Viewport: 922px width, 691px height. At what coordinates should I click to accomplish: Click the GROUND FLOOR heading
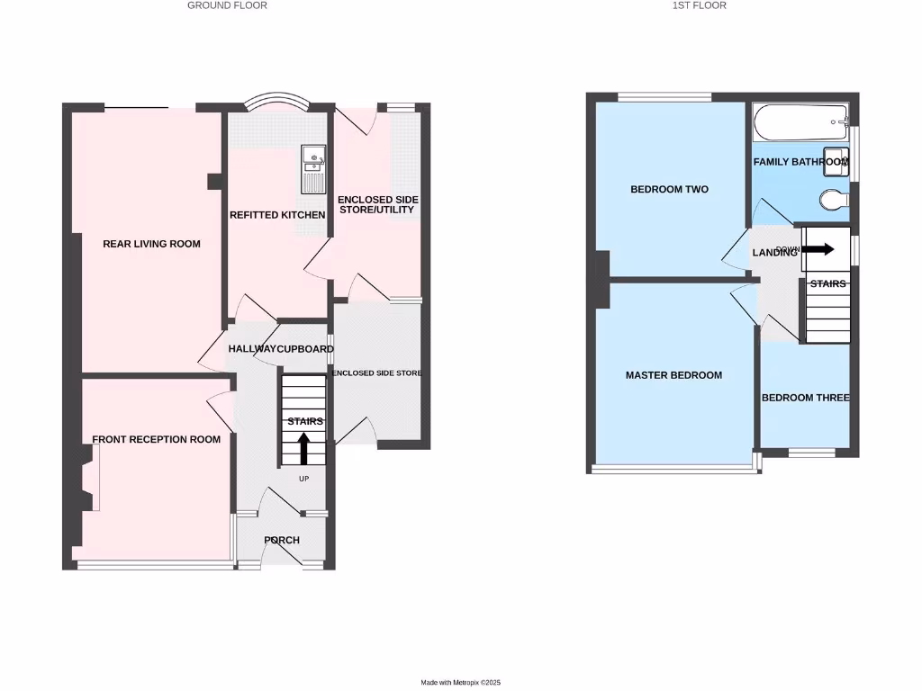click(227, 5)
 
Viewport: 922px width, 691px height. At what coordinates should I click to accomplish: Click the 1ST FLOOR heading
click(699, 5)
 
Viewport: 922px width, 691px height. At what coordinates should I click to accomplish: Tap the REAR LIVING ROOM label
click(151, 244)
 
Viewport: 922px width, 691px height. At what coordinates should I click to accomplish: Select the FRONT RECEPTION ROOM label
click(156, 440)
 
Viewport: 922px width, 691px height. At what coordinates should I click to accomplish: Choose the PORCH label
click(282, 541)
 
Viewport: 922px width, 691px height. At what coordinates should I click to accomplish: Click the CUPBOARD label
click(304, 349)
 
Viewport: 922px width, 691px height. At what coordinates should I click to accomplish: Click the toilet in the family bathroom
click(834, 198)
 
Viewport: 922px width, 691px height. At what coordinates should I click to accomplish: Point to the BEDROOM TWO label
click(669, 190)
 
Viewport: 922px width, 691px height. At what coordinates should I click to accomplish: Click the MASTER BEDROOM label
click(673, 375)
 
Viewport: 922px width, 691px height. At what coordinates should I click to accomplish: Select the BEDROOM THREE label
click(805, 398)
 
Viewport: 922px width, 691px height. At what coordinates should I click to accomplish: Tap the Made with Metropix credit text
click(460, 683)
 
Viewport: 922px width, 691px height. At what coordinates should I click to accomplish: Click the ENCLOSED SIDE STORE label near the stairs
click(377, 372)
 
